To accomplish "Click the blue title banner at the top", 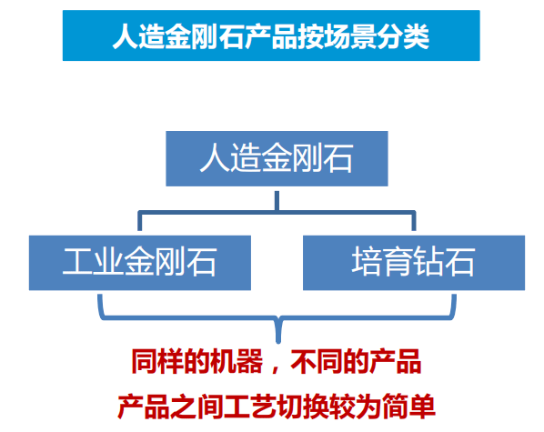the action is (271, 35).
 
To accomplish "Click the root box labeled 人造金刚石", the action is (277, 158).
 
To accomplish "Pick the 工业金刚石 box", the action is (140, 263).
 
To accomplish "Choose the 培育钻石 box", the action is (414, 263).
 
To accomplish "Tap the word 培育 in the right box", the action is (382, 262).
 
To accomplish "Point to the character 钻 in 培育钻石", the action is (428, 262).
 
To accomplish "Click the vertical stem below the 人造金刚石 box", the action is (277, 200).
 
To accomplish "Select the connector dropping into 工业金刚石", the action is (140, 221).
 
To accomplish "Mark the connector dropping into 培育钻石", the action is (414, 221).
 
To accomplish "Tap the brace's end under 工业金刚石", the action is (100, 296).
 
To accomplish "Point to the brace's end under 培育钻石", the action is (454, 296).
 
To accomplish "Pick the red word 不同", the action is (317, 362).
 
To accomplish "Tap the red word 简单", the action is (408, 407).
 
